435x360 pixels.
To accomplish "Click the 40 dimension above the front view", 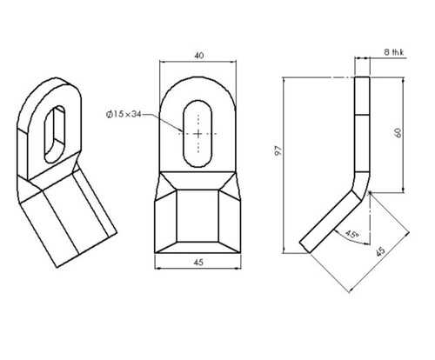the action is [198, 56].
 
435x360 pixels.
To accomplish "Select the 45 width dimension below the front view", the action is [198, 263].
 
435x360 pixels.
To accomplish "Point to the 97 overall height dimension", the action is [278, 150].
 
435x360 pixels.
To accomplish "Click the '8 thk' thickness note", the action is [394, 52].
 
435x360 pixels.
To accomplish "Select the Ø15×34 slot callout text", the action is [124, 114].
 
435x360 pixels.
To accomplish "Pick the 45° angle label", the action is [352, 234].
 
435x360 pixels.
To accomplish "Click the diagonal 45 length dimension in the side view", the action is [381, 251].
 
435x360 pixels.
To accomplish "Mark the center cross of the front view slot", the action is [198, 134].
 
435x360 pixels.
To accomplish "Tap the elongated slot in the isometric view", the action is [54, 134].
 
